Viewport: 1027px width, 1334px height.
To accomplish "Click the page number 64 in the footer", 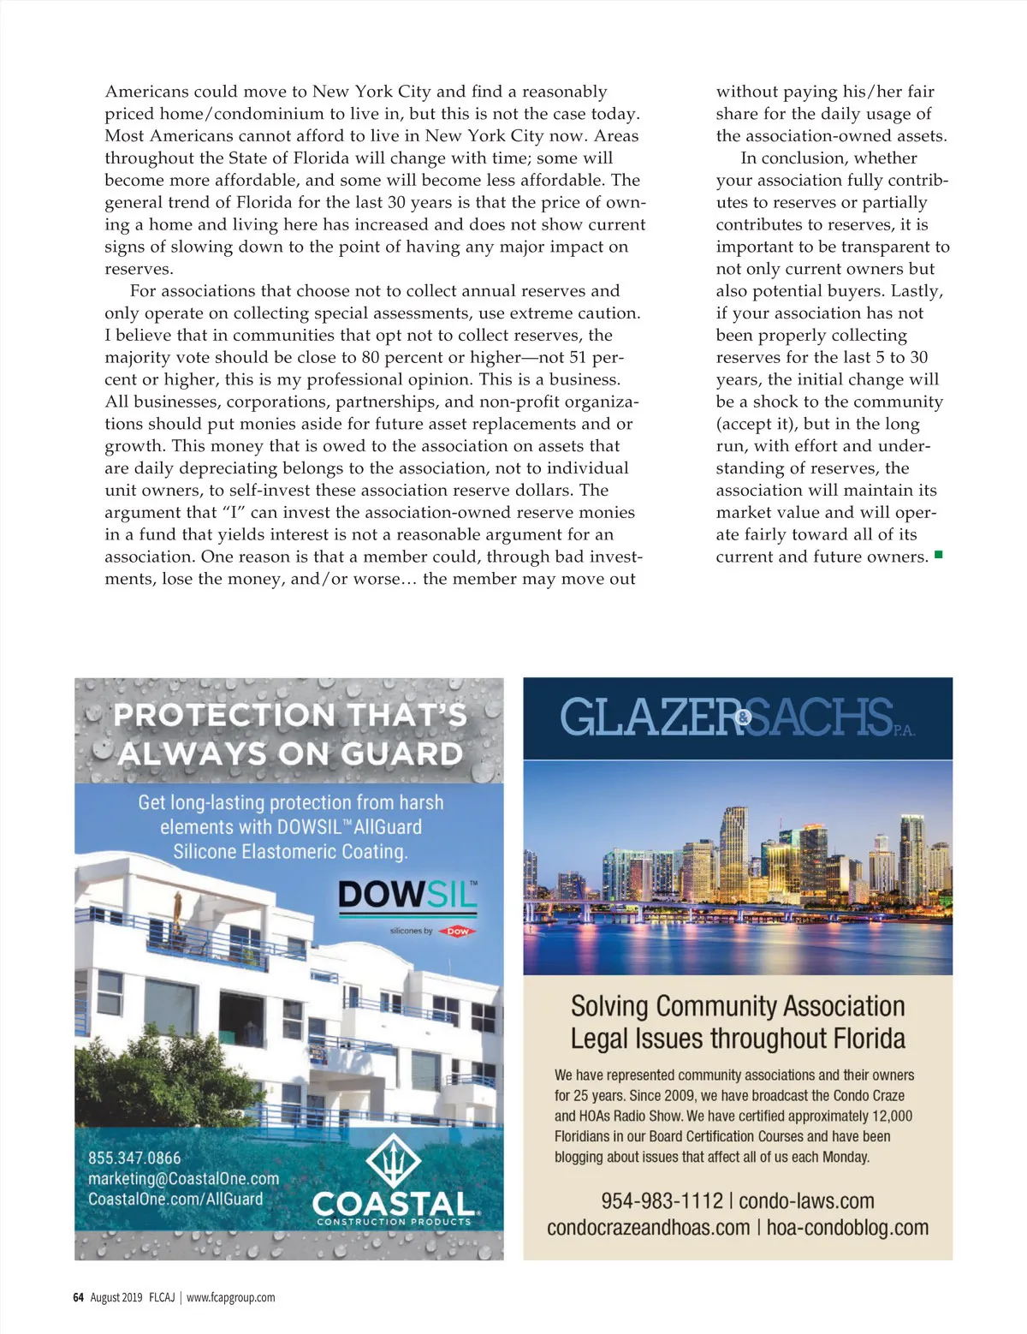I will pyautogui.click(x=78, y=1297).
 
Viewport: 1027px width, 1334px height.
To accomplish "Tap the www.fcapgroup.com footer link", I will pyautogui.click(x=231, y=1297).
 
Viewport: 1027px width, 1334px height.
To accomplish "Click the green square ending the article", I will pyautogui.click(x=939, y=555).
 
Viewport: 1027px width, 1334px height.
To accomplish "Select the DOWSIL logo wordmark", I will pyautogui.click(x=407, y=895).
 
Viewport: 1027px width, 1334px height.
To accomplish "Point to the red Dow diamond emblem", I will pyautogui.click(x=458, y=931).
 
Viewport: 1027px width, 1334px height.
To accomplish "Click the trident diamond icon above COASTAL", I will pyautogui.click(x=393, y=1161).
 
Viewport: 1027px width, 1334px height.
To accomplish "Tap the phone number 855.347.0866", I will pyautogui.click(x=134, y=1158).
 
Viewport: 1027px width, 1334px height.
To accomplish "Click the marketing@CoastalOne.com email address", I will pyautogui.click(x=183, y=1179).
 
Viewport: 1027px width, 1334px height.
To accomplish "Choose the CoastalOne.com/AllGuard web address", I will pyautogui.click(x=175, y=1200).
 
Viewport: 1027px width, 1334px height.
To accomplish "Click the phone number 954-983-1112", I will pyautogui.click(x=662, y=1201).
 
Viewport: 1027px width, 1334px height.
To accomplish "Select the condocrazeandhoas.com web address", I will pyautogui.click(x=648, y=1228).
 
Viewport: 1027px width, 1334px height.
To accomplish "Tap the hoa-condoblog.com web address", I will pyautogui.click(x=847, y=1228).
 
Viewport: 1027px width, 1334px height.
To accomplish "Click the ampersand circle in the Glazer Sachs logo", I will pyautogui.click(x=744, y=718).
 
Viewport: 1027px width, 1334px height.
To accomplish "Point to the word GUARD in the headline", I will pyautogui.click(x=402, y=754).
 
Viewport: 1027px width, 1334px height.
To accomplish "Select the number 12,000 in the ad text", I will pyautogui.click(x=891, y=1116).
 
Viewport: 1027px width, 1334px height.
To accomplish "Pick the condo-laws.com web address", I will pyautogui.click(x=806, y=1201).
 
